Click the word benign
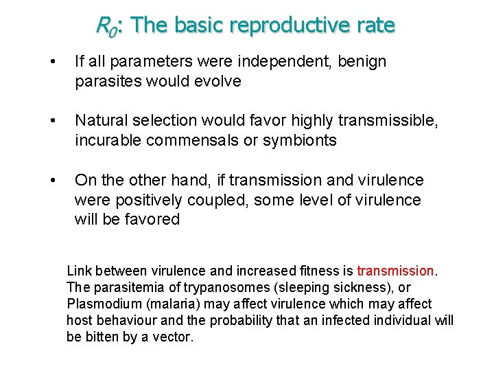[364, 62]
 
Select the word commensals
[194, 140]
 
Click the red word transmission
[396, 271]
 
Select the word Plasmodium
[100, 304]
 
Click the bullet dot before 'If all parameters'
[53, 62]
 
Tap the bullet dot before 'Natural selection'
[53, 121]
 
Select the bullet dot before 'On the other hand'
[53, 180]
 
